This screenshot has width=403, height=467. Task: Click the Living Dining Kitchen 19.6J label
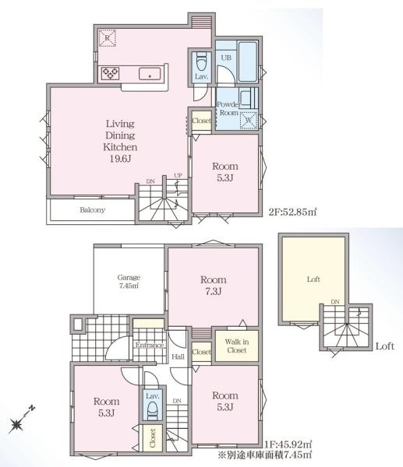120,141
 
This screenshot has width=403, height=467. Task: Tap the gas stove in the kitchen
110,73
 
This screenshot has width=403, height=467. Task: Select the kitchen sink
150,74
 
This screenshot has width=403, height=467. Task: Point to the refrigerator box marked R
107,38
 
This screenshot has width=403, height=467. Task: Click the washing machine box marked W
249,121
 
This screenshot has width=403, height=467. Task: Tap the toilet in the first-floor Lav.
153,410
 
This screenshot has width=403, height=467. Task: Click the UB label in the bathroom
226,58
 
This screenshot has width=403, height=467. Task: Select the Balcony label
93,210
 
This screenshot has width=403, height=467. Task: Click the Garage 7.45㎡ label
129,282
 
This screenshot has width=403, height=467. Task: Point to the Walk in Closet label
237,346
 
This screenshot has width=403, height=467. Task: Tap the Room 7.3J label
213,286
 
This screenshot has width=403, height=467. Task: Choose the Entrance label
150,345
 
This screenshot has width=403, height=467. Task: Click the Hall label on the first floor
178,356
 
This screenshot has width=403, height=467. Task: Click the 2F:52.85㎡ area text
293,212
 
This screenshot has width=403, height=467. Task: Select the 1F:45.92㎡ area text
288,444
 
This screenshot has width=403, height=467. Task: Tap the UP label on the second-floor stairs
178,175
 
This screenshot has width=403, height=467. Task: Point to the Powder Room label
228,108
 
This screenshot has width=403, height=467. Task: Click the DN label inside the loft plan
335,302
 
